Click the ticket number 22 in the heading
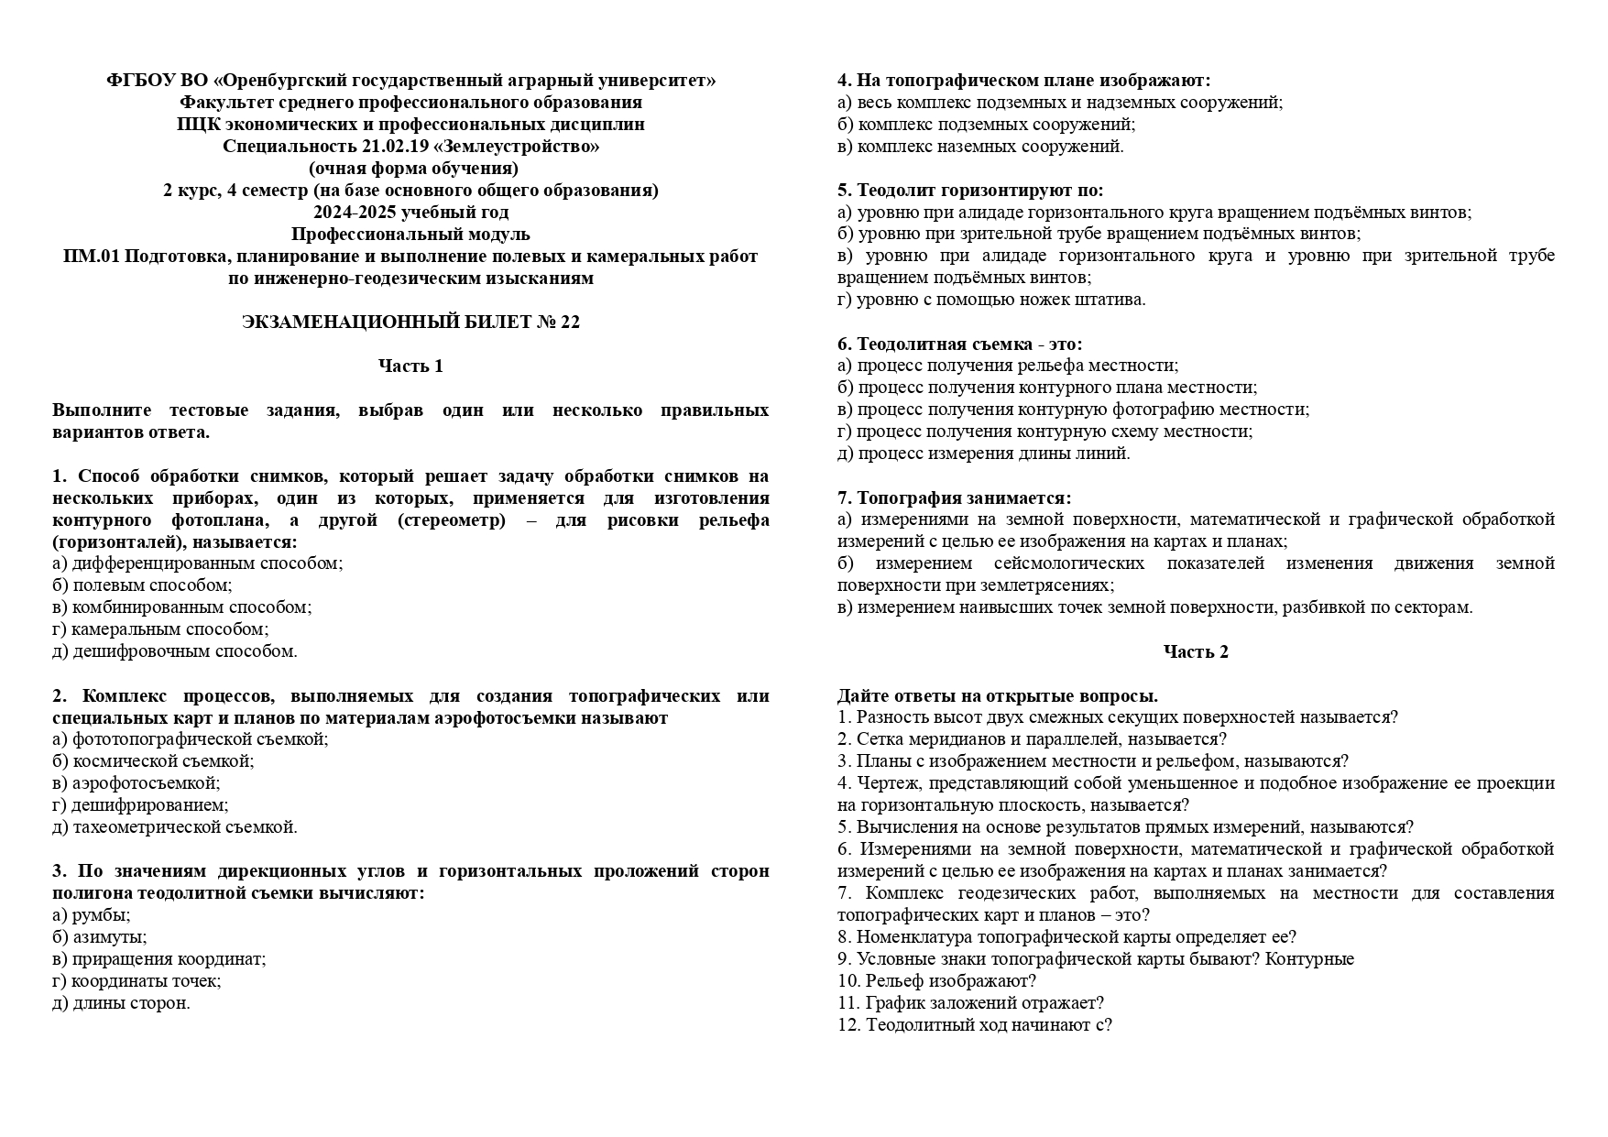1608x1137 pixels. tap(569, 322)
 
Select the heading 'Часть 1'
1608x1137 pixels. tap(410, 366)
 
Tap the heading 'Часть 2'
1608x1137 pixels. tap(1196, 651)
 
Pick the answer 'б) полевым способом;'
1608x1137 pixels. tap(143, 585)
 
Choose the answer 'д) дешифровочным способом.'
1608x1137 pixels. tap(175, 651)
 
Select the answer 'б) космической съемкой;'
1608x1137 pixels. tap(154, 761)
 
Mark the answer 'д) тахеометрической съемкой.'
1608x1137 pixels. tap(175, 827)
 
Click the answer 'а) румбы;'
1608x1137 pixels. tap(92, 915)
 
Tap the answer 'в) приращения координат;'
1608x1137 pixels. tap(159, 959)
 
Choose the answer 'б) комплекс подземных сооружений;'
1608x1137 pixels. tap(986, 125)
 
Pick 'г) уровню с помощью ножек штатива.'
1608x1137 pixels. tap(991, 300)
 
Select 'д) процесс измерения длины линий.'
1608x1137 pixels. tap(984, 454)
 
